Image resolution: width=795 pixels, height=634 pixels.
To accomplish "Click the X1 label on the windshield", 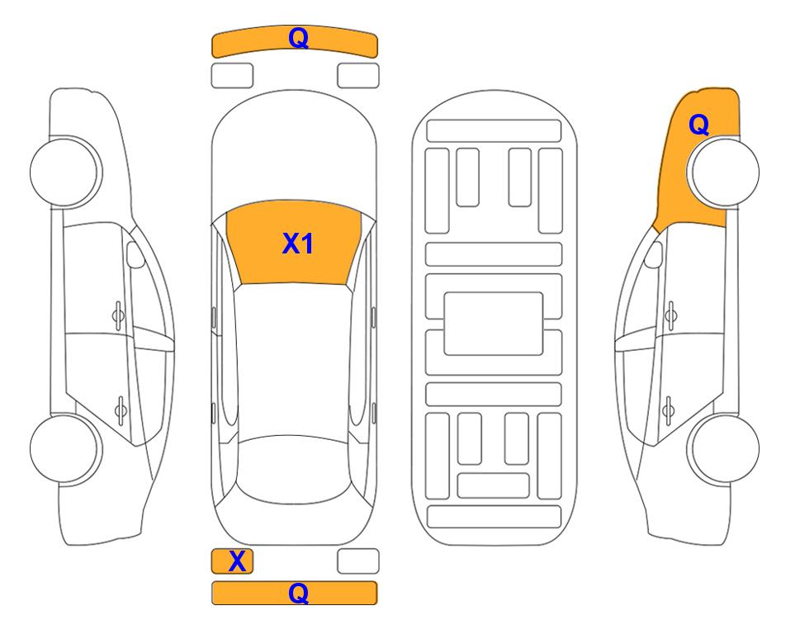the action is pyautogui.click(x=298, y=244).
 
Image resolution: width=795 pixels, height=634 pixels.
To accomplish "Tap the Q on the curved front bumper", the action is pyautogui.click(x=299, y=38).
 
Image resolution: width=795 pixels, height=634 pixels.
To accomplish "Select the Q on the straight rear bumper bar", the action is pyautogui.click(x=299, y=593).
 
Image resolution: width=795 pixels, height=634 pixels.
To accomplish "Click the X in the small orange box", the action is pyautogui.click(x=237, y=561).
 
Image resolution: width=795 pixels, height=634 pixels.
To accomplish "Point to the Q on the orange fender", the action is pyautogui.click(x=698, y=125).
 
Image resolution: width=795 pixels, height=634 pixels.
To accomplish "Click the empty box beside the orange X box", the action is pyautogui.click(x=358, y=561).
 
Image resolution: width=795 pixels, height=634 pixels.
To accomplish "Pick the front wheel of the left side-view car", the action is pyautogui.click(x=64, y=172).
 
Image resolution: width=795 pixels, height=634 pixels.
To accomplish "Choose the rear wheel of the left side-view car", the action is pyautogui.click(x=64, y=448).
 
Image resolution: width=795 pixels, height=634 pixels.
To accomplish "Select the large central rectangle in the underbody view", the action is pyautogui.click(x=494, y=324).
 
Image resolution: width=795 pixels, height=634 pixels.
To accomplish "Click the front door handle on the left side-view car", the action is pyautogui.click(x=118, y=315).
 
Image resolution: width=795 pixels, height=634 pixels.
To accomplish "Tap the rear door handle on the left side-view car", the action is pyautogui.click(x=121, y=409).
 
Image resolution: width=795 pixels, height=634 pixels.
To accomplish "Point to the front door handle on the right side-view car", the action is pyautogui.click(x=671, y=315).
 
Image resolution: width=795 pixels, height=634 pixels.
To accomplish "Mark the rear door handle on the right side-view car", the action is pyautogui.click(x=668, y=409).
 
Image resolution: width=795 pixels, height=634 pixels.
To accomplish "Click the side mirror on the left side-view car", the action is pyautogui.click(x=135, y=254).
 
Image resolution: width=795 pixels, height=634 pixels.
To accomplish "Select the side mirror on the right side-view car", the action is pyautogui.click(x=654, y=254).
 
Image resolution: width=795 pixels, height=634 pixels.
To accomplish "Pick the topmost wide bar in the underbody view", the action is pyautogui.click(x=494, y=131).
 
